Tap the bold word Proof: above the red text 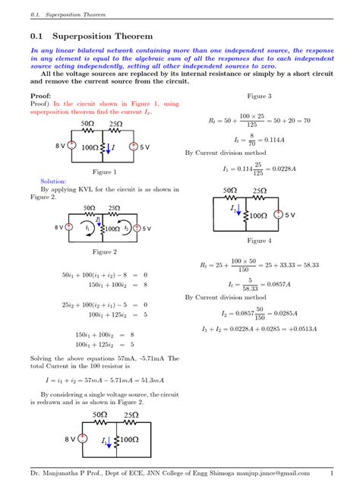coord(41,96)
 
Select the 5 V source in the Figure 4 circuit coord(279,215)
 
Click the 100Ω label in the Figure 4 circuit coord(258,216)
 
